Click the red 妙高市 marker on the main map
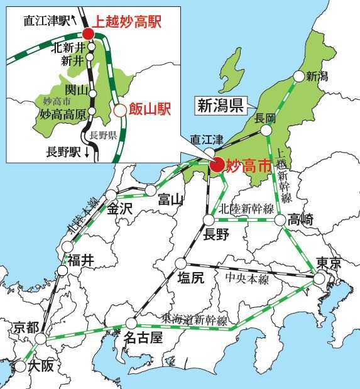tap(217, 165)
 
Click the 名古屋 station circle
tap(132, 323)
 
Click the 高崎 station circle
tap(280, 220)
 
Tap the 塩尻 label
tap(191, 278)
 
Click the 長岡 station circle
tap(266, 130)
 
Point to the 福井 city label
tap(81, 260)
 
